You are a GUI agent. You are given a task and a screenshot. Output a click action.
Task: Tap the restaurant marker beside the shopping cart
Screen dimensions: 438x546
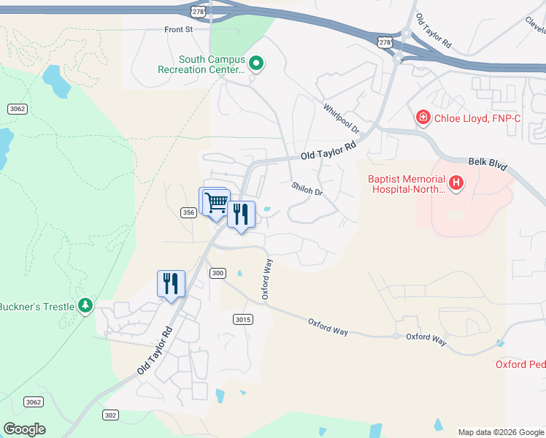(x=241, y=215)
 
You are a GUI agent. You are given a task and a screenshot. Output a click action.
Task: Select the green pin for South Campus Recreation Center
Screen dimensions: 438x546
(x=255, y=64)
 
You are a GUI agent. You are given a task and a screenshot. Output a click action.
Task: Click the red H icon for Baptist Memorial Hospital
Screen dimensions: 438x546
(x=456, y=183)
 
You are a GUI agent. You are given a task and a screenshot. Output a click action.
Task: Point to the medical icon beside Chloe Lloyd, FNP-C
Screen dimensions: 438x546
(x=422, y=118)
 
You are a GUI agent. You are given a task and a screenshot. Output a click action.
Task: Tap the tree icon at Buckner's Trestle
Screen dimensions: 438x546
(x=86, y=305)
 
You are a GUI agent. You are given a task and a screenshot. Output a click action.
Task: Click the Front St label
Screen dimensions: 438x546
(x=177, y=30)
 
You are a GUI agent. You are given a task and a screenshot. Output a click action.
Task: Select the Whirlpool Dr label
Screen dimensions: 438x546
(x=342, y=118)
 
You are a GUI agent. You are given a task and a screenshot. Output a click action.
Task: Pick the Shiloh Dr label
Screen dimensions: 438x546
(x=307, y=188)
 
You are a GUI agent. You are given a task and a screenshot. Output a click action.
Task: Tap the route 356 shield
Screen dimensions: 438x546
(x=188, y=212)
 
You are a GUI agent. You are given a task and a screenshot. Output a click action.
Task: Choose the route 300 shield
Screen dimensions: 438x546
(x=217, y=273)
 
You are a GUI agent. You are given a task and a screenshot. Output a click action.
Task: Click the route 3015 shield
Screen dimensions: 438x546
(x=243, y=320)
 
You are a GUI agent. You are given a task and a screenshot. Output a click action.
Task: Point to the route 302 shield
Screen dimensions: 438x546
(x=110, y=415)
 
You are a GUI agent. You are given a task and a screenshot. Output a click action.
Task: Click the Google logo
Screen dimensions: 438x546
(x=24, y=429)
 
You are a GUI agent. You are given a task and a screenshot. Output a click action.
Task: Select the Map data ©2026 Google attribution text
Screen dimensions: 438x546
(x=501, y=432)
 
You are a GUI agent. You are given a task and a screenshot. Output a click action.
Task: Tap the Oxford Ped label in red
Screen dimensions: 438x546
(x=520, y=364)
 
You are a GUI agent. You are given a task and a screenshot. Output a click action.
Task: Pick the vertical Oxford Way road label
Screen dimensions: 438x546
(x=266, y=278)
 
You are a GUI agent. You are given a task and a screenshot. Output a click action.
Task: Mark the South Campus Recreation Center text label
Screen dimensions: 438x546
(x=201, y=64)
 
